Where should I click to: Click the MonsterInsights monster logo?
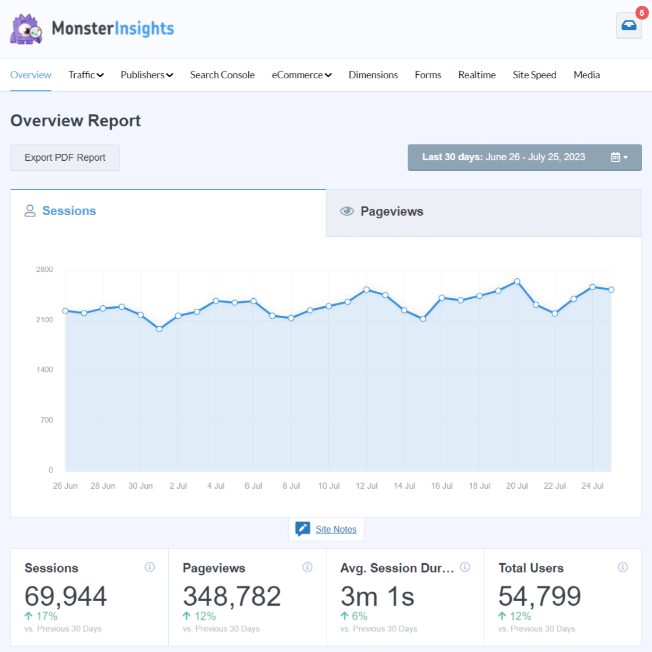26,29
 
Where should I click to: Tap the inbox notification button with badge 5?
629,26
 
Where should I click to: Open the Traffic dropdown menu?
86,75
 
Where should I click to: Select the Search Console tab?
222,75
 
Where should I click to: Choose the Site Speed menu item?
534,75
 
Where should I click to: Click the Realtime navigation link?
477,75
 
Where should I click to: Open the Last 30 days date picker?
524,157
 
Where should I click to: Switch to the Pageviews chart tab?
391,212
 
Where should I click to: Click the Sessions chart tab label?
68,211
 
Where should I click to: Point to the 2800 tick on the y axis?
44,270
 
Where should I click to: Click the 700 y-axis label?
47,420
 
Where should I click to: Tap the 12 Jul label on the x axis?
366,486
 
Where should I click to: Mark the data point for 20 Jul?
517,281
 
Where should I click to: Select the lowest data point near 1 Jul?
159,329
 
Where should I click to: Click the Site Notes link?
335,529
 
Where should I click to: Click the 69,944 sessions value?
65,596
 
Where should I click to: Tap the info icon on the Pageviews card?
307,567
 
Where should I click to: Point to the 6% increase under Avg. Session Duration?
354,616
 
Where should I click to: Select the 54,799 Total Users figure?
539,596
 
